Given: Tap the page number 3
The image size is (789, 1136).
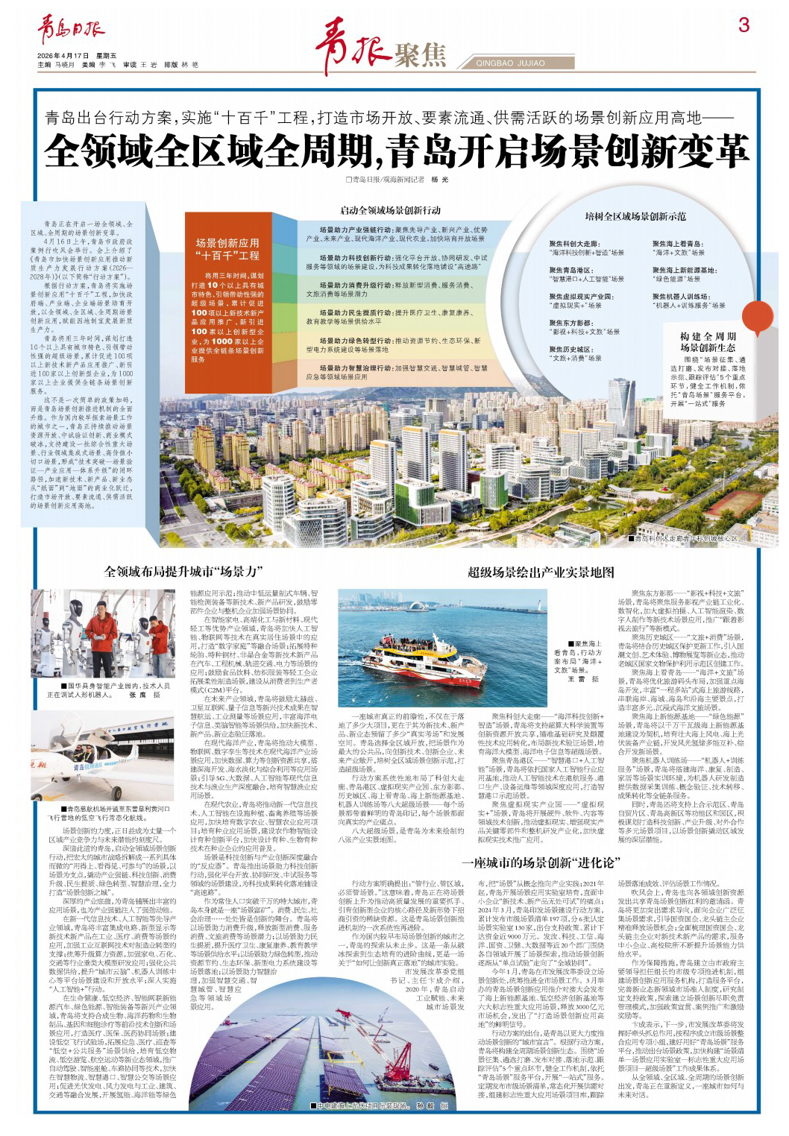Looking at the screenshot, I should point(743,25).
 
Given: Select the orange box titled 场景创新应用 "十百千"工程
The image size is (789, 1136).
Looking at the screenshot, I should point(227,249).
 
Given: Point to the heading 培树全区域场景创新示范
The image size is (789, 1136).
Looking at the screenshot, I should point(635,216).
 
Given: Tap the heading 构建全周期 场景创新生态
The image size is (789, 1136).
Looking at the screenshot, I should point(707,342).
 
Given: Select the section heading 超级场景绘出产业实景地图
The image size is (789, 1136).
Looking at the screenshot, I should point(541,572).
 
